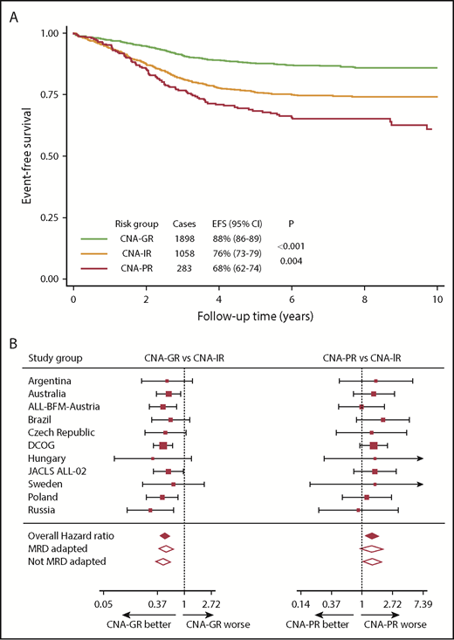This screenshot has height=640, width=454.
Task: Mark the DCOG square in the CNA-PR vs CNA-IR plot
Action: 374,445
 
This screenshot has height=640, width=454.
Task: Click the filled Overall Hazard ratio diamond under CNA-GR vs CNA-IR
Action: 164,535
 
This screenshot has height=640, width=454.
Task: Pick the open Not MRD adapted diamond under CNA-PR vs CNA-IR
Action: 372,561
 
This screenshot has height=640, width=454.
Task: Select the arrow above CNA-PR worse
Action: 389,614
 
